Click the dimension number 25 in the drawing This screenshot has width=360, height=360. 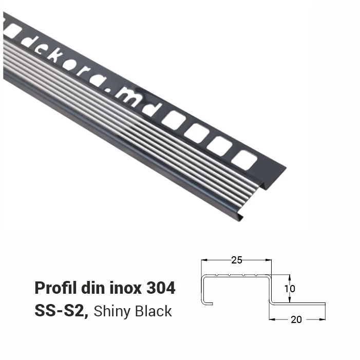coord(237,260)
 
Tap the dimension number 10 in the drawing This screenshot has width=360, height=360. coord(290,289)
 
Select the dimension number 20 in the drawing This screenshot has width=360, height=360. coord(296,319)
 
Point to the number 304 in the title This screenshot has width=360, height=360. coord(161,288)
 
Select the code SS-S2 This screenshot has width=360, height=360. coord(61,311)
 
